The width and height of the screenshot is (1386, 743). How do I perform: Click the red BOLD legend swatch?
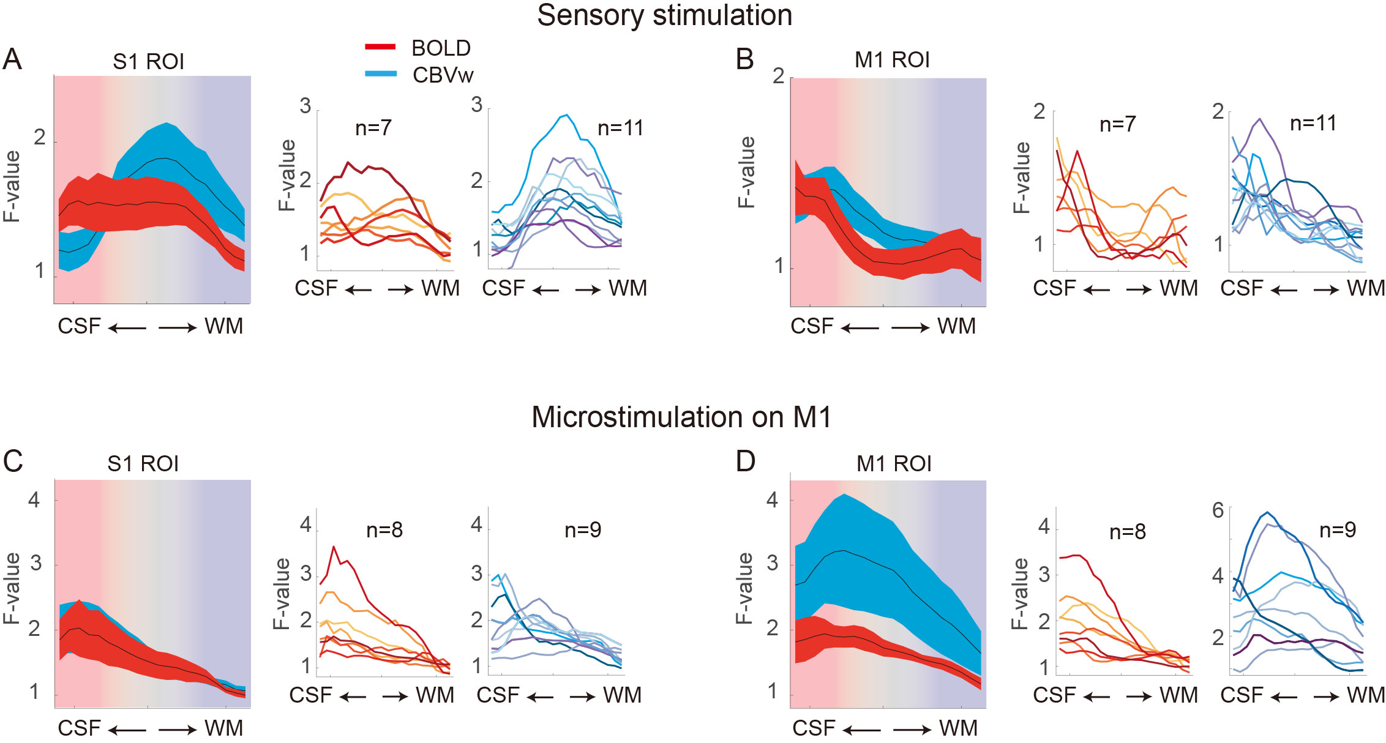tap(380, 47)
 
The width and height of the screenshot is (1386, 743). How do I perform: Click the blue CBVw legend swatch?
tap(380, 74)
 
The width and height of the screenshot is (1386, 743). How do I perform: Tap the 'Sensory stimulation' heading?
tap(664, 15)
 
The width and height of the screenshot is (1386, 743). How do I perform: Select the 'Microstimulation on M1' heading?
tap(681, 417)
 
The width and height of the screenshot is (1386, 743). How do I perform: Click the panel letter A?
tap(12, 60)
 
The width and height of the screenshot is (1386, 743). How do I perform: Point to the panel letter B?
tap(744, 60)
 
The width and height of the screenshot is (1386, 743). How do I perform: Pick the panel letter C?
tap(13, 461)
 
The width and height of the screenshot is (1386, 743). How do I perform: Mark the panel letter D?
tap(745, 461)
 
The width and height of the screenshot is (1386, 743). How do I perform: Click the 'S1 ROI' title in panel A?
tap(148, 62)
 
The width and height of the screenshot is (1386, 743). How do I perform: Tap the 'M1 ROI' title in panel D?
tap(894, 464)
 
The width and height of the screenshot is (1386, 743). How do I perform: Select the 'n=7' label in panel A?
tap(373, 128)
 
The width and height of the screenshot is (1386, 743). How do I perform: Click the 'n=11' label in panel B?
tap(1313, 124)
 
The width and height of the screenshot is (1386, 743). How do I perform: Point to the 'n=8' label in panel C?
tap(384, 530)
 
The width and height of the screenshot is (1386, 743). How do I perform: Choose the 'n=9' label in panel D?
tap(1337, 530)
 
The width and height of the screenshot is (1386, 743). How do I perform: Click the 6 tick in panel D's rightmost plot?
tap(1218, 510)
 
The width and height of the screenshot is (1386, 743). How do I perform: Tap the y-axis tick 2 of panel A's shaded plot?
tap(40, 138)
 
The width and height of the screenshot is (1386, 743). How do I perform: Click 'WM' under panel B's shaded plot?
tap(956, 326)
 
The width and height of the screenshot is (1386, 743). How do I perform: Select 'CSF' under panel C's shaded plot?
tap(79, 728)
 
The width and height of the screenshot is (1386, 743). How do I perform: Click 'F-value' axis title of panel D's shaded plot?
tap(744, 588)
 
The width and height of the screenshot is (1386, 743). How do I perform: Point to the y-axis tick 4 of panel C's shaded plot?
tap(34, 500)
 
